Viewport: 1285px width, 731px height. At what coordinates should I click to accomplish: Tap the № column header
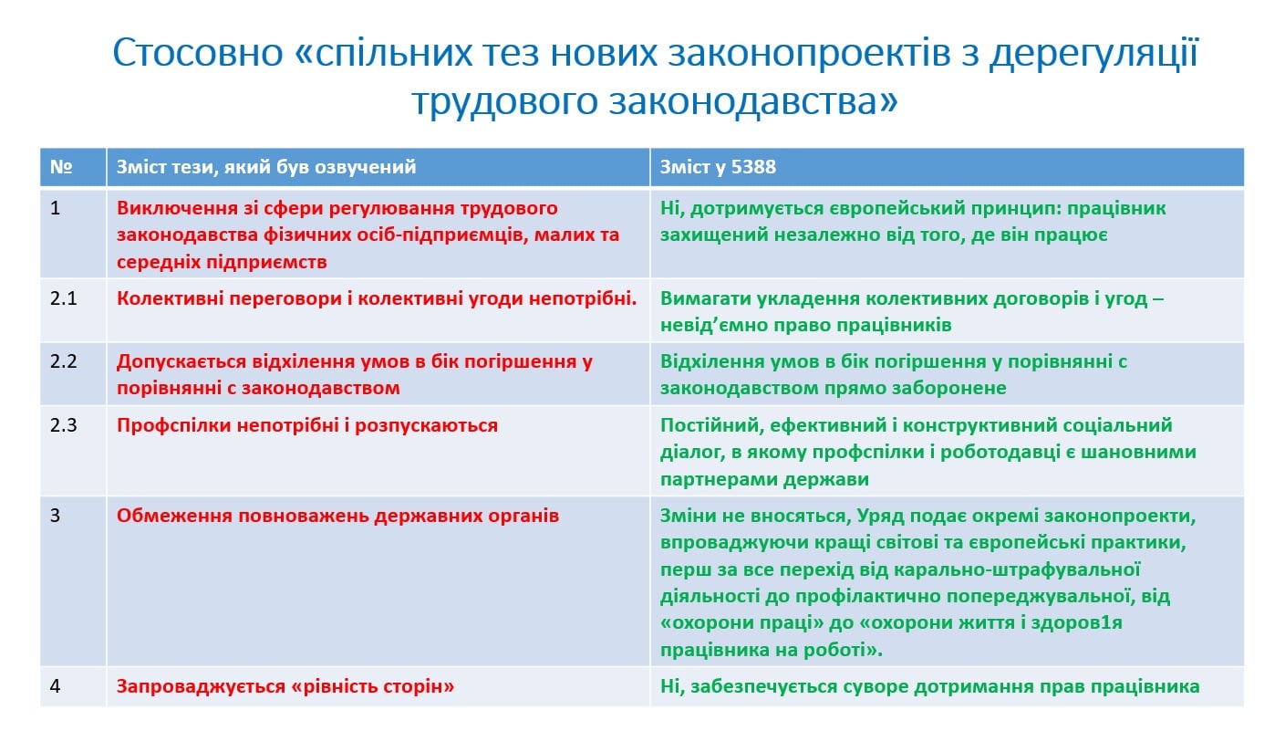pyautogui.click(x=61, y=166)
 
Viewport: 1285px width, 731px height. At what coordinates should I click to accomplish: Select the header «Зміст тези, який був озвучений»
pyautogui.click(x=266, y=166)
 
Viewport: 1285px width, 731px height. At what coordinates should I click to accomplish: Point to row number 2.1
pyautogui.click(x=63, y=298)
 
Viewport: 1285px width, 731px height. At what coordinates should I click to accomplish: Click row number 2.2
pyautogui.click(x=63, y=361)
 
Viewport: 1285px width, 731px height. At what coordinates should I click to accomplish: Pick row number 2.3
pyautogui.click(x=63, y=425)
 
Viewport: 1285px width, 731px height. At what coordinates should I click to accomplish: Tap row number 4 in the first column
pyautogui.click(x=55, y=686)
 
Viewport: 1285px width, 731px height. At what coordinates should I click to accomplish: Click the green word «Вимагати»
pyautogui.click(x=705, y=298)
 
